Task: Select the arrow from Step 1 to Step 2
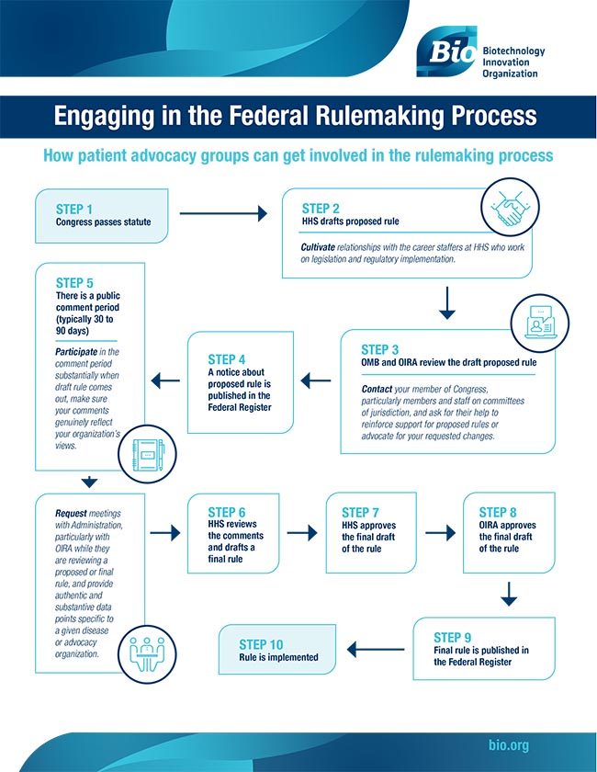coord(223,214)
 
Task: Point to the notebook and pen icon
coord(146,455)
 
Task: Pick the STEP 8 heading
coord(505,512)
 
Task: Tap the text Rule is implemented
coord(278,657)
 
